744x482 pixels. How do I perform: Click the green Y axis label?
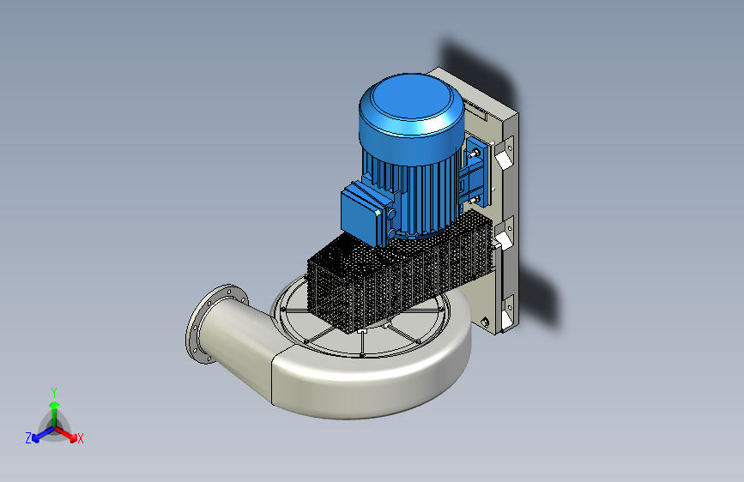[x=54, y=392]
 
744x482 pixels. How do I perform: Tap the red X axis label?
[x=80, y=438]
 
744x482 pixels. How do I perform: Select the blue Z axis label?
[x=28, y=438]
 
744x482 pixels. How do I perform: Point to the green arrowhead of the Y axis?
[x=55, y=405]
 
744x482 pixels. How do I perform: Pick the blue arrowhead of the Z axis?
[x=35, y=438]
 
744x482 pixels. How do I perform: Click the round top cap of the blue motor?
[x=411, y=105]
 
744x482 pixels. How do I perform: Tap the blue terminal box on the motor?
[x=366, y=212]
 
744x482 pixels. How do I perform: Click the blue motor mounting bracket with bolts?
[x=474, y=170]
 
